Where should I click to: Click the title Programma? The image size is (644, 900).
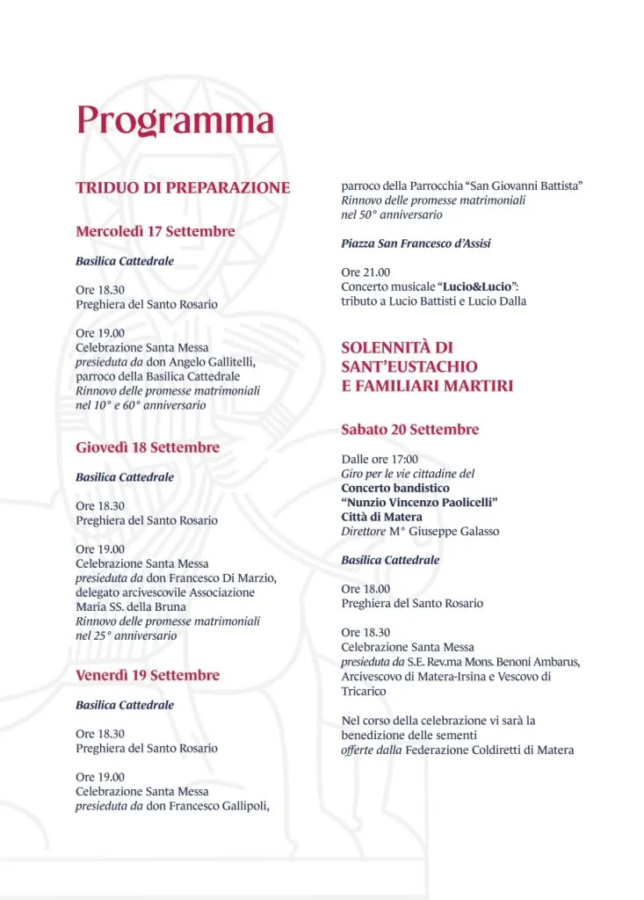click(175, 120)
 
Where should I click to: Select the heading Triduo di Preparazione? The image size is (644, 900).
click(183, 187)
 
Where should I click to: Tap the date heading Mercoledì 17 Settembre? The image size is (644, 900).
click(156, 231)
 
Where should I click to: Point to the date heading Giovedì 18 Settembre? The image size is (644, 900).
click(148, 447)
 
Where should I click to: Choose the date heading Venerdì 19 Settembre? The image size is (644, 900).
click(148, 675)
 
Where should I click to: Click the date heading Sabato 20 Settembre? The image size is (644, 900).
click(410, 430)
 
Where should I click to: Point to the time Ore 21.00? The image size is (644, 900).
click(365, 272)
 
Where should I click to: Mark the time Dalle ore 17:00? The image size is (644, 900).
click(380, 459)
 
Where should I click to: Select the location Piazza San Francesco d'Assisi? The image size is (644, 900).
click(416, 243)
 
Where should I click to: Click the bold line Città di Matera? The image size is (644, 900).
click(381, 517)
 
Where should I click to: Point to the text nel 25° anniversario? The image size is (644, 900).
click(126, 635)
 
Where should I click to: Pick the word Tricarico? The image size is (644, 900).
click(364, 691)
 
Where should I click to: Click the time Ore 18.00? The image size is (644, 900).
click(365, 589)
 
